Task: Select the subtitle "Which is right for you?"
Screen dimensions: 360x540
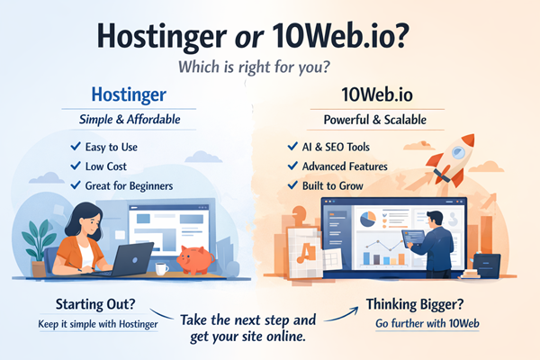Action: coord(269,69)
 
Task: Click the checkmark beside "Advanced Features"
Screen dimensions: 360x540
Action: coord(292,166)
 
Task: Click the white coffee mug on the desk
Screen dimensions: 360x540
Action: coord(161,268)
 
